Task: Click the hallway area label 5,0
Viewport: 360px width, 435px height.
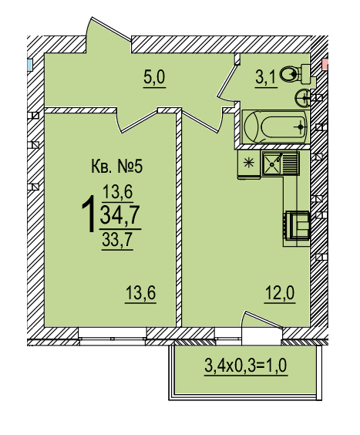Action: [154, 77]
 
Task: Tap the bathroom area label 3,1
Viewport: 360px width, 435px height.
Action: [266, 78]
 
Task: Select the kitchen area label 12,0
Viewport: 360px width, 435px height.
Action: [280, 293]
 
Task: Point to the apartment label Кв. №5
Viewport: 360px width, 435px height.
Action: [116, 167]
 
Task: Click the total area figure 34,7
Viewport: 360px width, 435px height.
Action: [119, 214]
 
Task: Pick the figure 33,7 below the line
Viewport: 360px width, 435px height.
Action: [117, 239]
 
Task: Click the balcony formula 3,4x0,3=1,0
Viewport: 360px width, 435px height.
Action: [246, 366]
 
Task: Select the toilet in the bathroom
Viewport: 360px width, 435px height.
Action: [295, 74]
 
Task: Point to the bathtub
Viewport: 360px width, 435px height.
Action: [275, 127]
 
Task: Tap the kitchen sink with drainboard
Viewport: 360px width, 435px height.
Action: [281, 164]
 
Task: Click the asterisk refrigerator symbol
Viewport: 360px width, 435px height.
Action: [248, 163]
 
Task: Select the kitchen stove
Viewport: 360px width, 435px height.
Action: [297, 225]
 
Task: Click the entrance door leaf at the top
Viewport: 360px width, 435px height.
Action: [111, 29]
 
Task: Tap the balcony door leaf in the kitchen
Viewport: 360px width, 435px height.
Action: [263, 319]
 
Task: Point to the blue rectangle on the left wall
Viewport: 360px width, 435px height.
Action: [30, 65]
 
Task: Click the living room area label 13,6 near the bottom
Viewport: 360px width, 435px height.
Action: [140, 293]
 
